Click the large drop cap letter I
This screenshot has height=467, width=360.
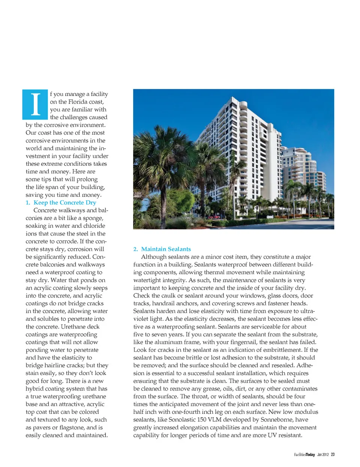[35, 104]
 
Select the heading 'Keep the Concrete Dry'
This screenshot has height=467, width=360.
[64, 203]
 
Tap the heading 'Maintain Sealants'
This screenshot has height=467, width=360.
[166, 249]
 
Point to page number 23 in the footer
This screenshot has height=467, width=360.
[333, 455]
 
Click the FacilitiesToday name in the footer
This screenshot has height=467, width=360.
[304, 455]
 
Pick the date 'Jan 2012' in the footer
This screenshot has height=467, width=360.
[322, 455]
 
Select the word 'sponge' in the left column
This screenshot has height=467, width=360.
[93, 218]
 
